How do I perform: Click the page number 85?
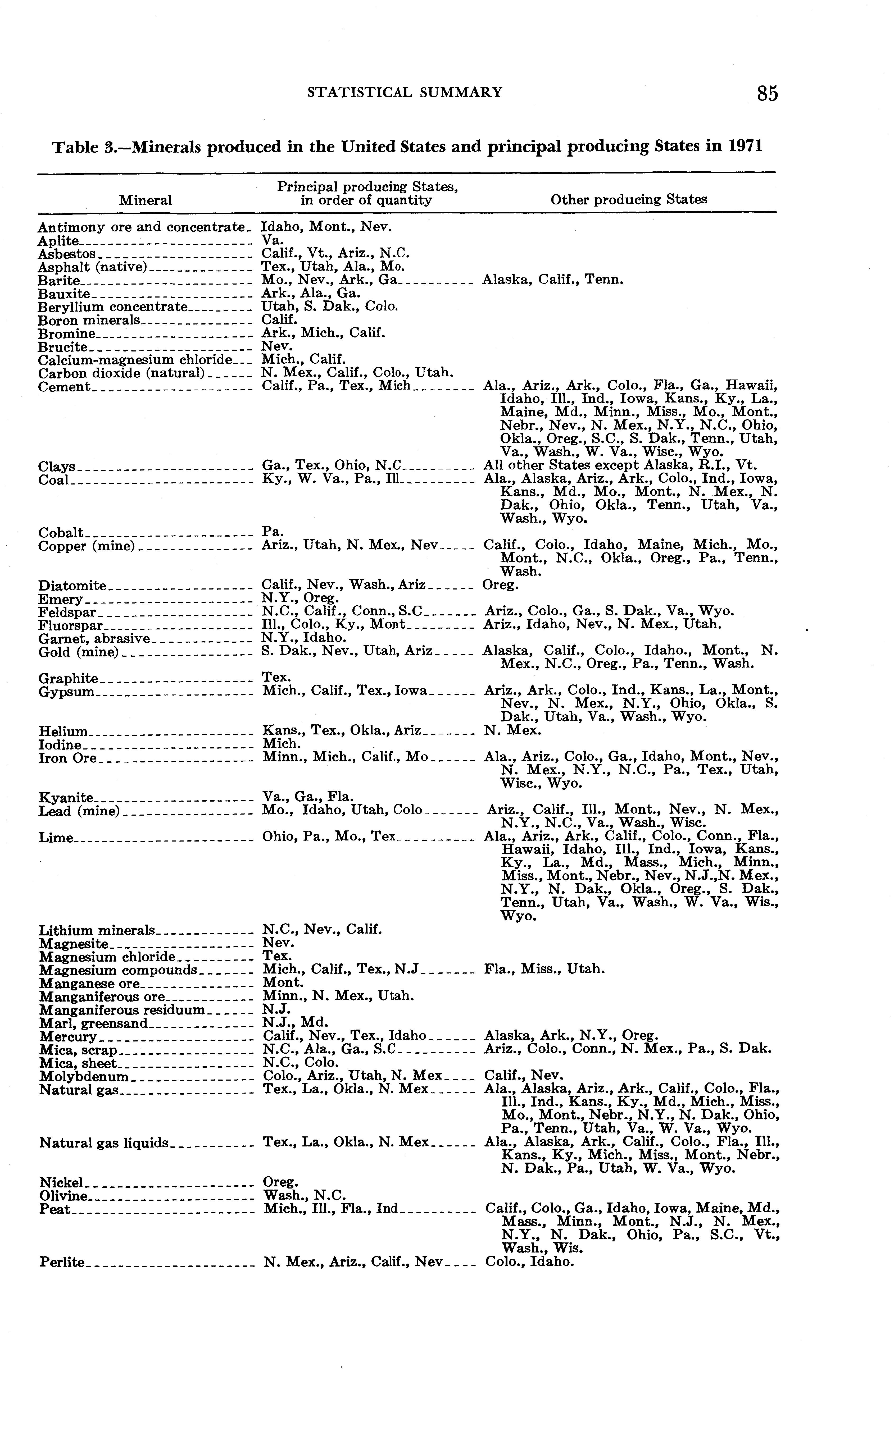pyautogui.click(x=767, y=93)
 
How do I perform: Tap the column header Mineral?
pyautogui.click(x=146, y=200)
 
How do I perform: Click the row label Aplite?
pyautogui.click(x=58, y=240)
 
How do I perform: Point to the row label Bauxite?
pyautogui.click(x=64, y=294)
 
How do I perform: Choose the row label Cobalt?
pyautogui.click(x=61, y=533)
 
